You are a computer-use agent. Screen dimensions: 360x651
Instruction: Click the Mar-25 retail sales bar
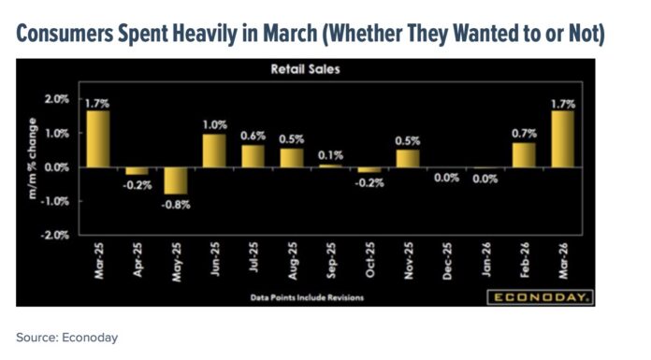click(98, 139)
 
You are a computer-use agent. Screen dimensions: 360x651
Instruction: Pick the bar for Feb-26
click(525, 155)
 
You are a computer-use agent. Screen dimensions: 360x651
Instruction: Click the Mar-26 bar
click(563, 139)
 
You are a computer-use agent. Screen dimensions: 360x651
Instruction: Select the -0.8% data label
click(176, 205)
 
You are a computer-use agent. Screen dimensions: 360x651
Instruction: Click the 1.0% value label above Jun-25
click(215, 124)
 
